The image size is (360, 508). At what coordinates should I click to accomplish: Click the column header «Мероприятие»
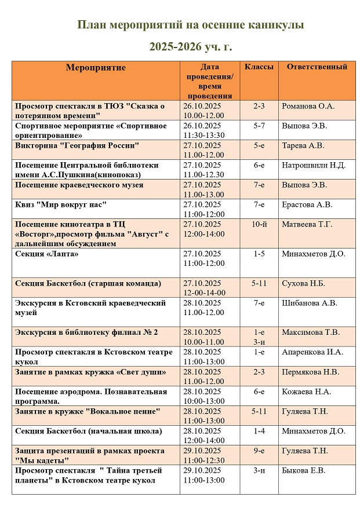click(96, 68)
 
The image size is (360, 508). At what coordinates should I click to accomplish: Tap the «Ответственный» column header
click(317, 67)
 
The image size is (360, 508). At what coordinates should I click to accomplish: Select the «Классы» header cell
click(259, 67)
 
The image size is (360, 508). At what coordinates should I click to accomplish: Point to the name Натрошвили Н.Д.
click(314, 166)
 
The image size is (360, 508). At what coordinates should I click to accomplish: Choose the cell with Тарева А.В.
click(303, 146)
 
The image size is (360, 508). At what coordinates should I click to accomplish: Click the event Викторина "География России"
click(77, 145)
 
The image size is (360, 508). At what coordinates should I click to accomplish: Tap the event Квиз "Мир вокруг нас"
click(61, 204)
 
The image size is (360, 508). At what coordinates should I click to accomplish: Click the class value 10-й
click(259, 224)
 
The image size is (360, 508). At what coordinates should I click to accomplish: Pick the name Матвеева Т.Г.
click(307, 224)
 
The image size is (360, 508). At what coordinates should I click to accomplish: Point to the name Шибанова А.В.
click(309, 303)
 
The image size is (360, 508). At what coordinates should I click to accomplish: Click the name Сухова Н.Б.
click(303, 283)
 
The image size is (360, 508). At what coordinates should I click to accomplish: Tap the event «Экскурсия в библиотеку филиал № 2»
click(86, 332)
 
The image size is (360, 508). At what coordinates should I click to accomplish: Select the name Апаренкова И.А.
click(312, 352)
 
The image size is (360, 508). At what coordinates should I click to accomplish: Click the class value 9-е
click(259, 451)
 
